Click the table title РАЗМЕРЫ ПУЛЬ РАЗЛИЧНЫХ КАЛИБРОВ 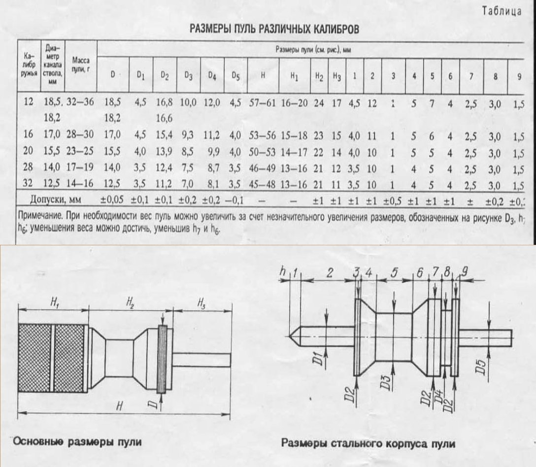click(274, 30)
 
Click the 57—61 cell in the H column click(264, 102)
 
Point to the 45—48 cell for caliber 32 click(264, 185)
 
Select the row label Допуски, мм click(52, 200)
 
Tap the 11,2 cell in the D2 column click(165, 185)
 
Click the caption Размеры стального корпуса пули click(368, 443)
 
